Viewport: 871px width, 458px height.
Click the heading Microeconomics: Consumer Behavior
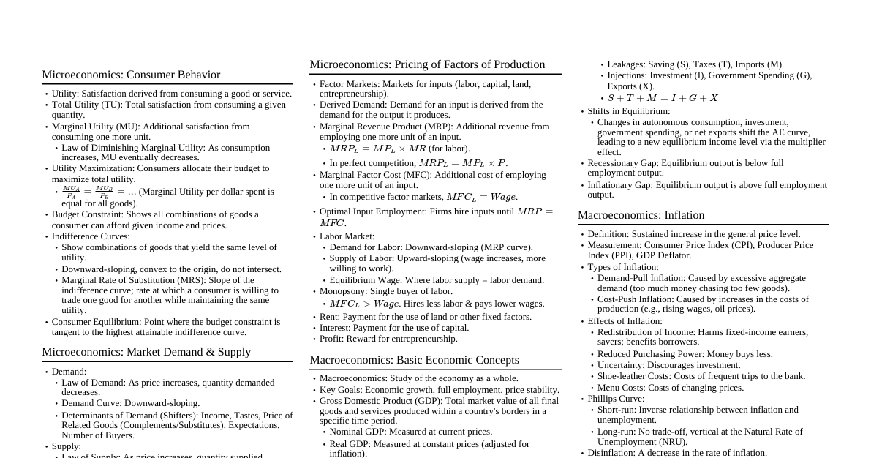[131, 75]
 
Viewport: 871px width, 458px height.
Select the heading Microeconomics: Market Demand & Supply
[146, 352]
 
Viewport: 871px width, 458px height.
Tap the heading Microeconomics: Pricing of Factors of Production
[427, 64]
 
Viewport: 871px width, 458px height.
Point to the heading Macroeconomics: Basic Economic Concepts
[414, 360]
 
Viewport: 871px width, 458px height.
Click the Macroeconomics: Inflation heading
[641, 215]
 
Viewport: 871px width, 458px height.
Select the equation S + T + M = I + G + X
[663, 98]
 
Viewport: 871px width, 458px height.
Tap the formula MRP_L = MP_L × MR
[377, 149]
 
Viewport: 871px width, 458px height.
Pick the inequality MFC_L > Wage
[364, 304]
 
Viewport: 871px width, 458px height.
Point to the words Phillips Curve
[616, 399]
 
